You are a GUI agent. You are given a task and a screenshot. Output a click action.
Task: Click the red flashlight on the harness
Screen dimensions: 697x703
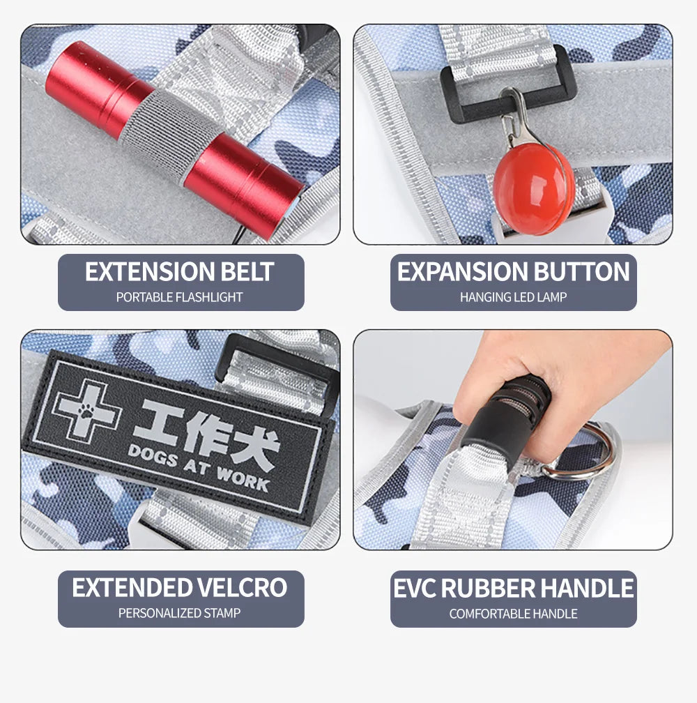click(175, 139)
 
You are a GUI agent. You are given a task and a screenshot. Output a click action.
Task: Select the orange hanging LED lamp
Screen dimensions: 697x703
click(533, 189)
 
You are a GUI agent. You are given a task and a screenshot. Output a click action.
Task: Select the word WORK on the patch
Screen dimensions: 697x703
click(243, 478)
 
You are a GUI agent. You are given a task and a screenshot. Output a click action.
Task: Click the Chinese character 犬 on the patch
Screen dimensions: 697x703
click(255, 448)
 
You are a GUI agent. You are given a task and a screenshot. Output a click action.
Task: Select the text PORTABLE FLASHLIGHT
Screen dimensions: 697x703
click(180, 297)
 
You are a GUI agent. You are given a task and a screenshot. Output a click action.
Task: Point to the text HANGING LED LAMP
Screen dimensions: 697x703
click(514, 297)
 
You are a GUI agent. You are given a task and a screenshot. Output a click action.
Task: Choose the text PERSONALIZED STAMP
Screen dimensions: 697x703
click(180, 613)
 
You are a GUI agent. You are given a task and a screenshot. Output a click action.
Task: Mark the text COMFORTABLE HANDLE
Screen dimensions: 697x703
click(514, 614)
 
